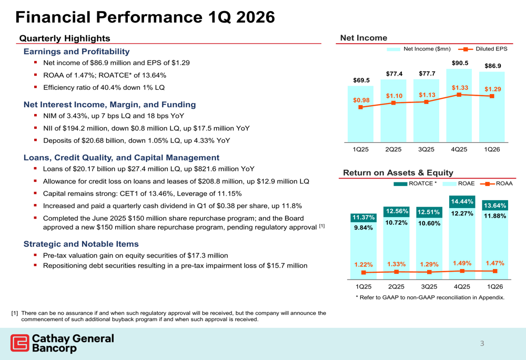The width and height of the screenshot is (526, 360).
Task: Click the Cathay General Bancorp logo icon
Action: click(19, 343)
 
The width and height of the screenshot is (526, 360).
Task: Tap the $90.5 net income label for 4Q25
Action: click(460, 63)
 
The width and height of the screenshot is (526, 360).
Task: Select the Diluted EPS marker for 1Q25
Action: click(360, 107)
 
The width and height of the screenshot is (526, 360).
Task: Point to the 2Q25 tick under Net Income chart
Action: click(393, 149)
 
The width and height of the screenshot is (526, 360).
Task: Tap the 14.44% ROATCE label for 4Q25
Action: click(461, 201)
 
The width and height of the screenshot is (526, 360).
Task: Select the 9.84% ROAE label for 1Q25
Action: click(363, 228)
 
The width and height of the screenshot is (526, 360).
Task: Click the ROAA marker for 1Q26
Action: click(494, 271)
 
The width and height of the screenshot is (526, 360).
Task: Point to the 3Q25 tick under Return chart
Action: click(429, 286)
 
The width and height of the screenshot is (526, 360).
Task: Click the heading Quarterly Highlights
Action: click(65, 38)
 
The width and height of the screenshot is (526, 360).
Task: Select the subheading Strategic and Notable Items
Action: click(81, 244)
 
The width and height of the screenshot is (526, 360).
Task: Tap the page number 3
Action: click(481, 344)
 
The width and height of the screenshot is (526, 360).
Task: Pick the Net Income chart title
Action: click(363, 38)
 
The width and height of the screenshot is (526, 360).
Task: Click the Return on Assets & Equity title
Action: click(398, 172)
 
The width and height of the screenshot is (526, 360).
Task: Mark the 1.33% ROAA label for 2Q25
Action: click(396, 264)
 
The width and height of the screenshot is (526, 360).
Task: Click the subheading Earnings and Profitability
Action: click(76, 52)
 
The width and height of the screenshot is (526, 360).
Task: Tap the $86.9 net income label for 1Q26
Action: click(493, 66)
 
